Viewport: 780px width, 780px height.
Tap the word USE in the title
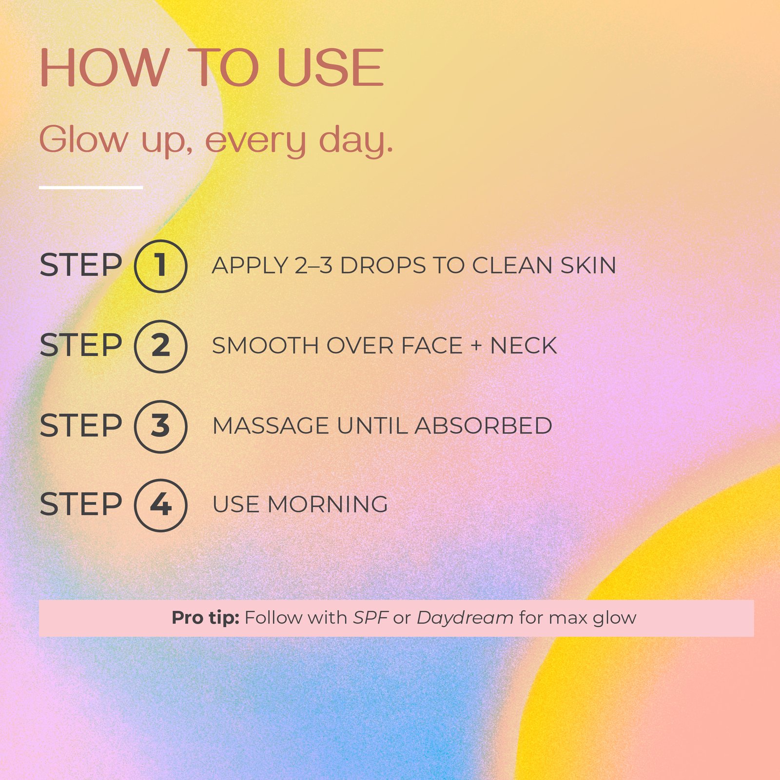[x=331, y=68]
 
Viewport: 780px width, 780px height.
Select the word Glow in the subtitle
[x=83, y=139]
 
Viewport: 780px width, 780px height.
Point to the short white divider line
[x=91, y=187]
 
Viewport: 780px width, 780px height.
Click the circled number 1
[x=160, y=266]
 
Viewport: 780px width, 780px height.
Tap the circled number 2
[x=160, y=347]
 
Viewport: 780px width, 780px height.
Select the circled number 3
[x=160, y=427]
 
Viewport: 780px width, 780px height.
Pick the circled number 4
[x=160, y=505]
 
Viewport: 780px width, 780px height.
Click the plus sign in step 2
[x=476, y=346]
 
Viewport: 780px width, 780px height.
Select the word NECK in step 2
[x=523, y=346]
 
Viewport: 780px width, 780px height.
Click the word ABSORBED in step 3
[x=484, y=426]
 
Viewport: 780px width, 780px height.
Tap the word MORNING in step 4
[x=328, y=505]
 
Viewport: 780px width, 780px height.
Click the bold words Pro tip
[x=205, y=618]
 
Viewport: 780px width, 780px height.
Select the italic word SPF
[x=370, y=618]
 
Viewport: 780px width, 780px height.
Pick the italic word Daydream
[x=465, y=618]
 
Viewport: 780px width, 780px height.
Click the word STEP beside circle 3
[x=80, y=426]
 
